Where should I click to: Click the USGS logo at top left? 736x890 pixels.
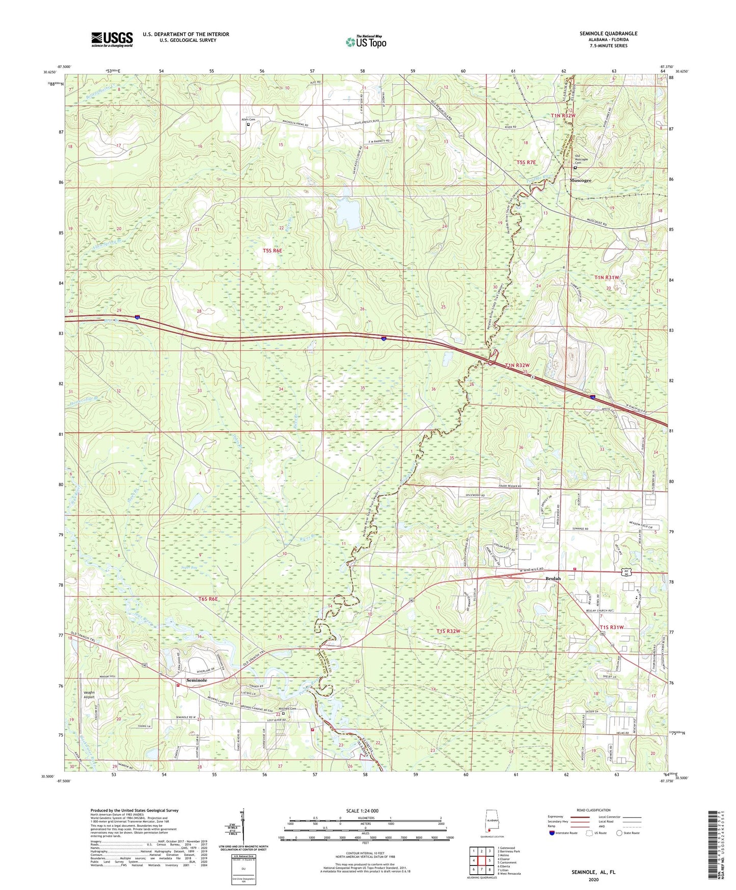coord(112,39)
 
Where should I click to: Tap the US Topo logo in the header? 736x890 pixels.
coord(365,41)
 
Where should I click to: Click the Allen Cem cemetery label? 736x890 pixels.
coord(248,120)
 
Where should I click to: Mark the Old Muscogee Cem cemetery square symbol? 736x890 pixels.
coord(576,168)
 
